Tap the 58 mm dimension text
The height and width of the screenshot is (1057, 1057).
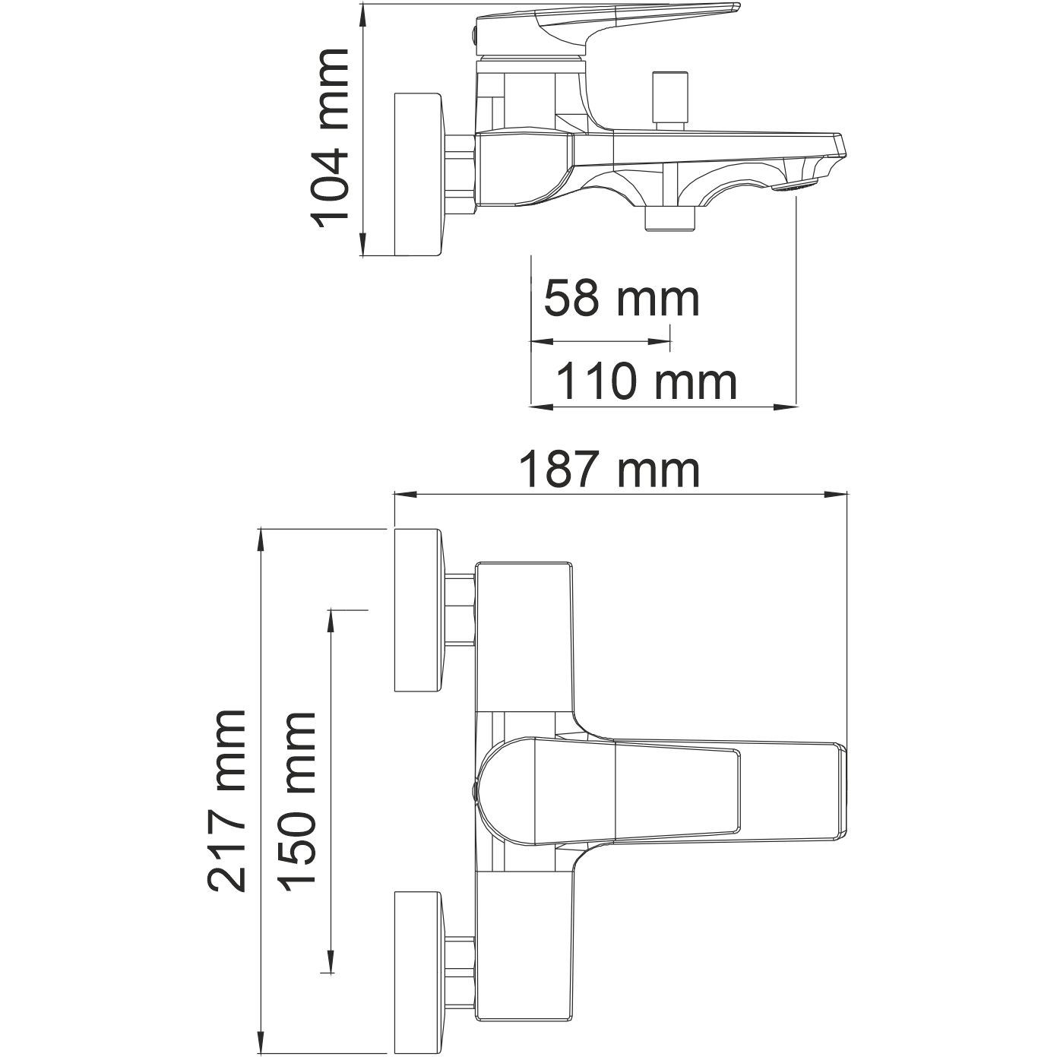(621, 299)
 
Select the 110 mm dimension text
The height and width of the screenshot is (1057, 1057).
(646, 381)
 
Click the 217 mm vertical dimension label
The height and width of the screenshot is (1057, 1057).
(227, 799)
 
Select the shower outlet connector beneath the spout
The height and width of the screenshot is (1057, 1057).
(669, 218)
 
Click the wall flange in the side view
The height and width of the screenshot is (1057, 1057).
(417, 175)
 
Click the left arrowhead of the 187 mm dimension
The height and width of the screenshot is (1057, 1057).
(403, 495)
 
